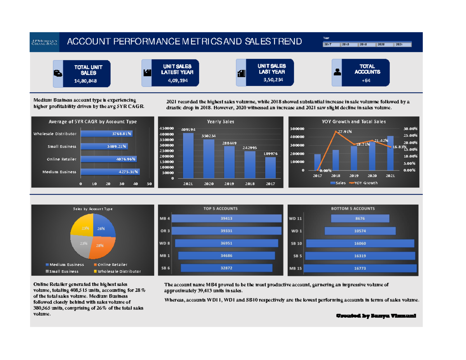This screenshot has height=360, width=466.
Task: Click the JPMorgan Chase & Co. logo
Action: [x=45, y=42]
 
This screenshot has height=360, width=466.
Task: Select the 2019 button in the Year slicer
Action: [x=367, y=45]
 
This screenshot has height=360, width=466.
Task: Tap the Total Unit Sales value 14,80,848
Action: [x=86, y=81]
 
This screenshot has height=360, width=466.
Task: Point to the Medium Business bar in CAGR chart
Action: [x=110, y=172]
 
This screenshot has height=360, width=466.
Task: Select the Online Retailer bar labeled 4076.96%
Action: [x=109, y=159]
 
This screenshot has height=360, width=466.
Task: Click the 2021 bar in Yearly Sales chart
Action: [x=188, y=155]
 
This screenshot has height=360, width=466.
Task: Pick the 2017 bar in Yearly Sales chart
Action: [x=271, y=167]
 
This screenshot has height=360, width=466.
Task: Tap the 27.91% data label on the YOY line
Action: [x=344, y=132]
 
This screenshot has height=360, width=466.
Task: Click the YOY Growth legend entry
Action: [x=364, y=183]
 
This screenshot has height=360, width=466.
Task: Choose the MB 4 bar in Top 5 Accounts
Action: [x=227, y=219]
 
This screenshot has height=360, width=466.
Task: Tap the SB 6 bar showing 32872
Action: [x=226, y=268]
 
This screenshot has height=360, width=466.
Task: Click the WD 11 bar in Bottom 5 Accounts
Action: [x=360, y=219]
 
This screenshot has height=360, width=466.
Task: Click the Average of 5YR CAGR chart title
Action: [x=92, y=122]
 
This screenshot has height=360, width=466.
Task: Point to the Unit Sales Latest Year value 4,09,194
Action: [x=178, y=80]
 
